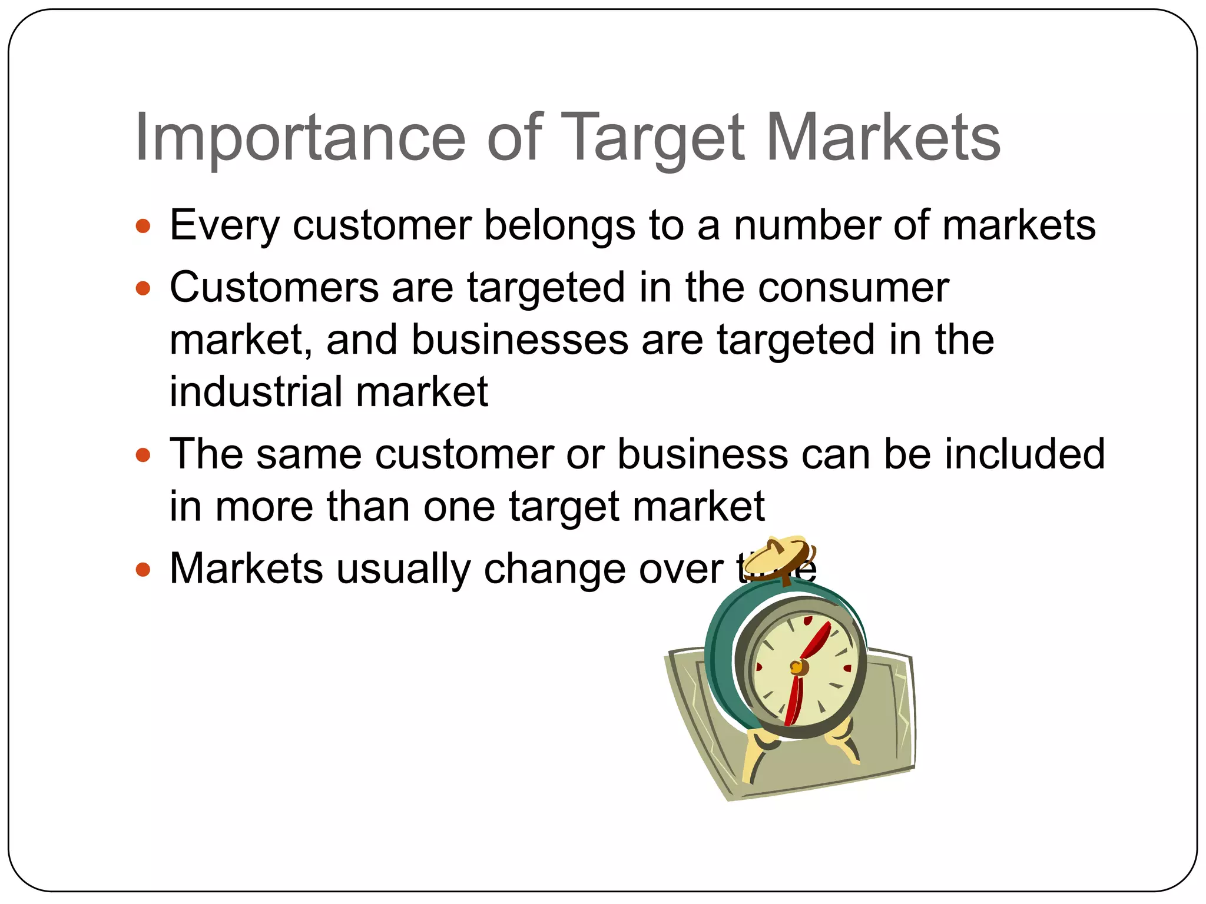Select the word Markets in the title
click(883, 139)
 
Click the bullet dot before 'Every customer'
click(143, 226)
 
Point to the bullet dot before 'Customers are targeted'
click(143, 288)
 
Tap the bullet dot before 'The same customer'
click(143, 455)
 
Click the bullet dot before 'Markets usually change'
click(143, 569)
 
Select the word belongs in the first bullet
click(559, 226)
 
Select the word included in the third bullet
click(1025, 455)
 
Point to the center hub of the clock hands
click(797, 667)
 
